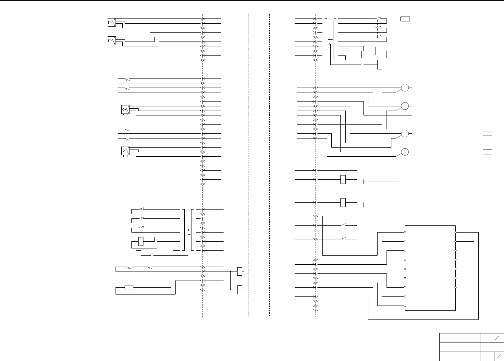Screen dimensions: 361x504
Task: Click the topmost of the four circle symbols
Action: click(405, 88)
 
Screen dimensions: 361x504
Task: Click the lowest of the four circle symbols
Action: click(405, 152)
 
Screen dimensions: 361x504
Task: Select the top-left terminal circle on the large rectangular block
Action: click(405, 232)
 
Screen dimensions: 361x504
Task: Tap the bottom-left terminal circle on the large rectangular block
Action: click(405, 306)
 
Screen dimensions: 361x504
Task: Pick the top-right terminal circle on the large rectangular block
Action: click(456, 232)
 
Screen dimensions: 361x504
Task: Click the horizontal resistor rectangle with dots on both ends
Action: click(129, 287)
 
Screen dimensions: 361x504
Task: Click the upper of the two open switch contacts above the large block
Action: click(344, 224)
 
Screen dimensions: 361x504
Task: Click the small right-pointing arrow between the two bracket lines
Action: click(188, 230)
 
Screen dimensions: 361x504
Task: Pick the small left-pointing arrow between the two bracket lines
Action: click(330, 40)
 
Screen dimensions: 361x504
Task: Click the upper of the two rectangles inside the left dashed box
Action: click(240, 271)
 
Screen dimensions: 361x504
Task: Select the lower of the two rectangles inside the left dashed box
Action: click(240, 290)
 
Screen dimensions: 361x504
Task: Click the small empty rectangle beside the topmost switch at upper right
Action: click(405, 19)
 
